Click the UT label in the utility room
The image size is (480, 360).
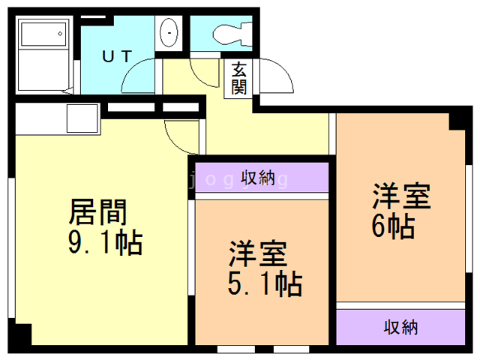pos(118,55)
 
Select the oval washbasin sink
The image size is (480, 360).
pos(169,33)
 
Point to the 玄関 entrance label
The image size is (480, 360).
pos(239,78)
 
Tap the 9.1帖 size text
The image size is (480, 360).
pos(105,242)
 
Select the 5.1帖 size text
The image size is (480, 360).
pos(265,284)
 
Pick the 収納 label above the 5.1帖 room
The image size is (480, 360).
pos(258,178)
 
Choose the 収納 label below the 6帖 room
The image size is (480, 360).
pos(400,327)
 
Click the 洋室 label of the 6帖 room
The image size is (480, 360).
pos(401,196)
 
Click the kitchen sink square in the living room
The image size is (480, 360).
pos(82,118)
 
